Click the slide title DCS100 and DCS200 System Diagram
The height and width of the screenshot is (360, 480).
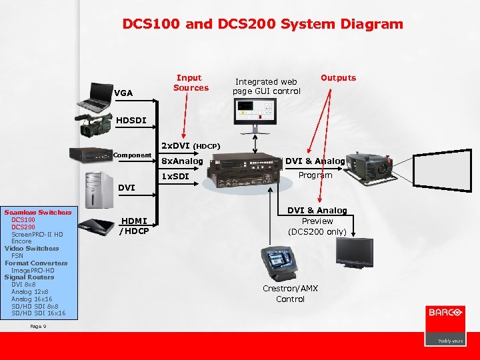tap(263, 25)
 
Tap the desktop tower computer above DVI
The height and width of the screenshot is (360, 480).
tap(94, 189)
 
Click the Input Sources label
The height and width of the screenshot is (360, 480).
tap(191, 83)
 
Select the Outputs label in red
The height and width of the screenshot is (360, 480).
tap(338, 78)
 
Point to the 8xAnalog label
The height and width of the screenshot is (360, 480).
tap(182, 161)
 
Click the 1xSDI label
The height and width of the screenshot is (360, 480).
tap(176, 177)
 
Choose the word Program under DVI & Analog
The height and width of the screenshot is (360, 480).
tap(315, 175)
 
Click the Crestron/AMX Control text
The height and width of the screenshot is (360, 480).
tap(290, 294)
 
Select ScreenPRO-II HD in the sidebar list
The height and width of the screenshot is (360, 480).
tap(37, 234)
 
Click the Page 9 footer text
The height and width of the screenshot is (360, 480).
tap(38, 326)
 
